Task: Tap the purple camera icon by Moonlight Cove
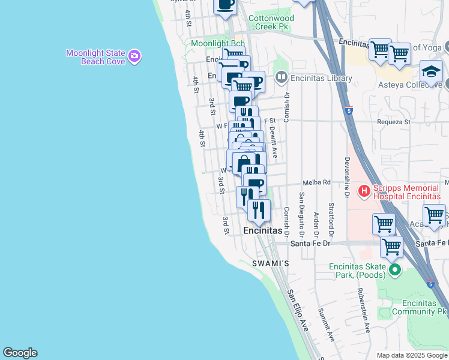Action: tap(135, 56)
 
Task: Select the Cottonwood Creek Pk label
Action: tap(269, 22)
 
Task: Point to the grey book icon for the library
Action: tap(281, 77)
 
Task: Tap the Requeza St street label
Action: tap(393, 122)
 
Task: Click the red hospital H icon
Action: tap(364, 191)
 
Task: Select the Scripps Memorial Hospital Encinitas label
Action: tap(408, 191)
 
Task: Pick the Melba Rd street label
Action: tap(318, 182)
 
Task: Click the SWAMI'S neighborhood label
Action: tap(270, 263)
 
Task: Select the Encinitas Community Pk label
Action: tap(420, 307)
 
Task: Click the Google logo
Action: tap(20, 353)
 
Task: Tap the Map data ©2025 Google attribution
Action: tap(412, 355)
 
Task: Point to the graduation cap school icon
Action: tap(431, 72)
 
